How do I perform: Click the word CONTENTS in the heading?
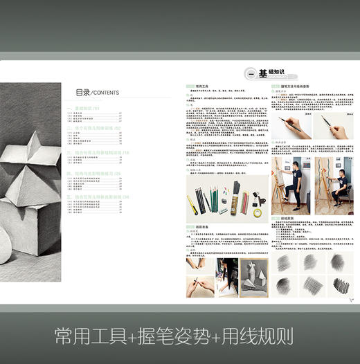click(x=105, y=93)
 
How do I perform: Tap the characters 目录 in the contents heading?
click(x=82, y=92)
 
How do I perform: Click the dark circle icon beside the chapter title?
click(x=250, y=74)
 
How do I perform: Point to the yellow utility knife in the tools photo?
click(x=192, y=203)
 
